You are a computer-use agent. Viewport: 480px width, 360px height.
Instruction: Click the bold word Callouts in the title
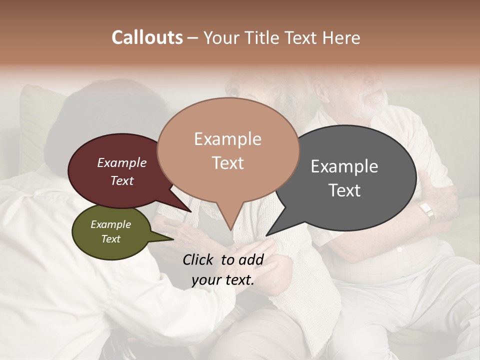click(x=147, y=37)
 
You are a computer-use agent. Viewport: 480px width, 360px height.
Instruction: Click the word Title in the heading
click(x=262, y=37)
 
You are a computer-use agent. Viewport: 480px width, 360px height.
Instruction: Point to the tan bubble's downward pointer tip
click(x=230, y=230)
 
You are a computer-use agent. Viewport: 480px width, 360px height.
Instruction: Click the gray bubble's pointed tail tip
click(x=266, y=235)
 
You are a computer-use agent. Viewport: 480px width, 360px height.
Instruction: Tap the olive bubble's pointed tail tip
click(x=173, y=239)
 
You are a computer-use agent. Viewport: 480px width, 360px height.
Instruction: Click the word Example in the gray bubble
click(x=344, y=166)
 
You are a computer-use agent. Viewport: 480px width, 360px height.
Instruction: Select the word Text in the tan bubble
click(x=228, y=163)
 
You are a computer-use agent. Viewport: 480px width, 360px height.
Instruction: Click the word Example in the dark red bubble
click(x=122, y=163)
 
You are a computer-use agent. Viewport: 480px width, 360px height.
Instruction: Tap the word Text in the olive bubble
click(x=111, y=239)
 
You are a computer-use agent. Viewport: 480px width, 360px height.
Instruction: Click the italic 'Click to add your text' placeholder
click(x=223, y=269)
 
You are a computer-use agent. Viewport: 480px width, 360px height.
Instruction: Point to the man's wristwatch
click(x=426, y=210)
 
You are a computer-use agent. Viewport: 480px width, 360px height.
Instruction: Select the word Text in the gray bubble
click(x=344, y=190)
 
